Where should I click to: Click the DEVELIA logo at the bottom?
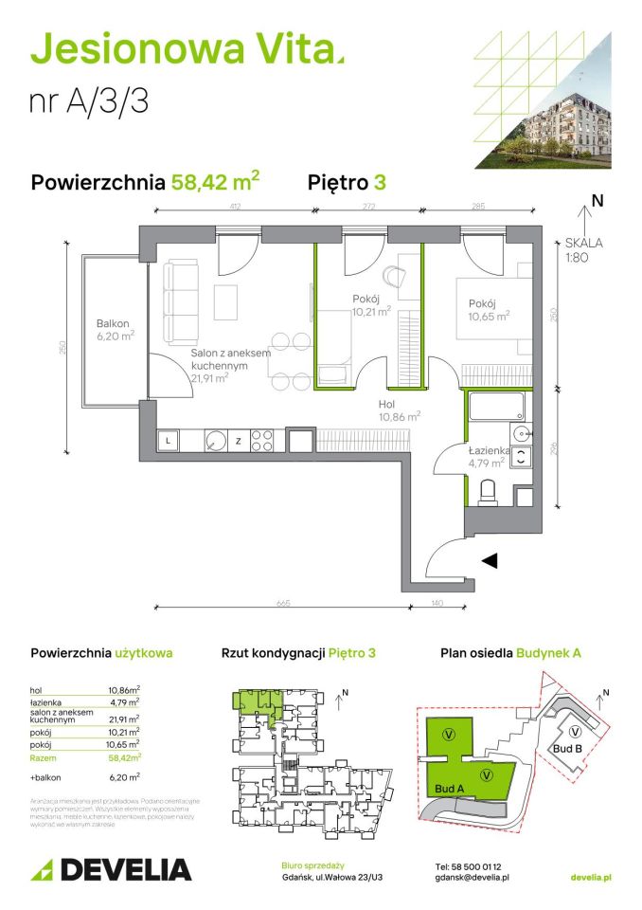(x=111, y=869)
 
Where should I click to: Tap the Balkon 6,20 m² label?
(x=115, y=329)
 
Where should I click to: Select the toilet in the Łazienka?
(x=489, y=491)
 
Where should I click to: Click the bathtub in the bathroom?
(x=495, y=409)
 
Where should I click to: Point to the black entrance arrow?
(x=489, y=561)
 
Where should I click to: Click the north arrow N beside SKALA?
(x=597, y=200)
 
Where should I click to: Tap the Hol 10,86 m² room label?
(x=398, y=409)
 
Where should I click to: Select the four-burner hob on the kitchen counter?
(x=262, y=440)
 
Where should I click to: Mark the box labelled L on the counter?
(x=169, y=440)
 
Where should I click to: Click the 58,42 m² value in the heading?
(x=215, y=181)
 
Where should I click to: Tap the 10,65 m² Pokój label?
(x=488, y=310)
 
